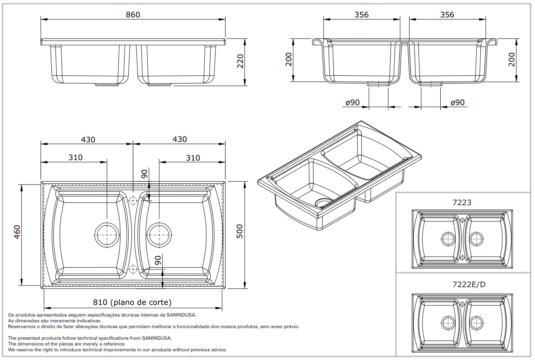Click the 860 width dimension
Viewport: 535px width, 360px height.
[x=133, y=14]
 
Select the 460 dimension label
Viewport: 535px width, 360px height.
[x=17, y=233]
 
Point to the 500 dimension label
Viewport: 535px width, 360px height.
[x=240, y=231]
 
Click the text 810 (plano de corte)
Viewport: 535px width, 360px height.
[x=132, y=302]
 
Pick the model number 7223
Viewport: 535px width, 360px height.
[x=462, y=202]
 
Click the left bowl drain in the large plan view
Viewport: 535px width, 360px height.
[x=107, y=235]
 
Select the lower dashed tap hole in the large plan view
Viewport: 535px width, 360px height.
[x=133, y=269]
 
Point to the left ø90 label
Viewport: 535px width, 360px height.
[x=352, y=102]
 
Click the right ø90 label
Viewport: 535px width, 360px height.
[x=457, y=102]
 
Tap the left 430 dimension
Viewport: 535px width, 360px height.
[x=88, y=139]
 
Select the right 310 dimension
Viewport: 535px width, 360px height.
[x=193, y=158]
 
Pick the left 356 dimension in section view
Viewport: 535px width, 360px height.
[x=361, y=14]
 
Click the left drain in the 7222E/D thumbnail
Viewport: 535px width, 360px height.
[x=448, y=322]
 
